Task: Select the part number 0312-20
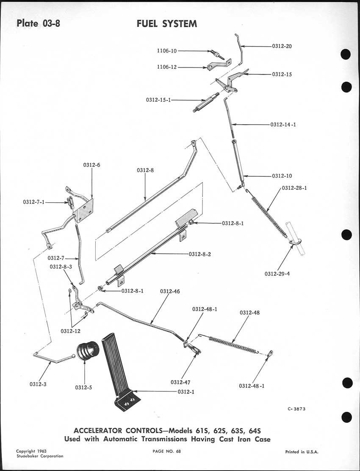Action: [x=282, y=46]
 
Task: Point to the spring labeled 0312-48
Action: [x=233, y=344]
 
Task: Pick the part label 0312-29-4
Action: [x=277, y=273]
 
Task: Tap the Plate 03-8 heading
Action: [x=39, y=23]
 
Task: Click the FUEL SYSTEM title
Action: [x=166, y=24]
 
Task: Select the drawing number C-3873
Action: [x=296, y=409]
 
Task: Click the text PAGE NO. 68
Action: [x=166, y=451]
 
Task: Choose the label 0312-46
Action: [x=170, y=292]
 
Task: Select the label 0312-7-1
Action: [x=34, y=202]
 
